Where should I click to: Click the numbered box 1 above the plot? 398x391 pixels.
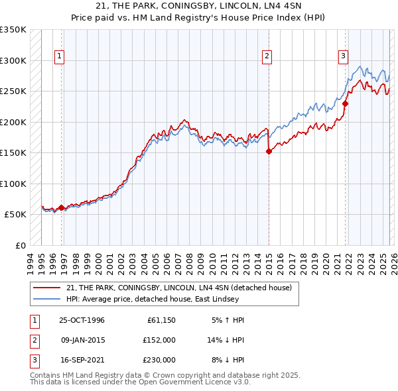click(59, 57)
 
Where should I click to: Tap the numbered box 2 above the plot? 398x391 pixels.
click(267, 57)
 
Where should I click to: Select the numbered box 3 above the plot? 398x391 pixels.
click(343, 57)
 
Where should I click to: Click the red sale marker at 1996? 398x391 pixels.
click(62, 207)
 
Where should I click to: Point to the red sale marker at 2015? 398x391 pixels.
click(269, 151)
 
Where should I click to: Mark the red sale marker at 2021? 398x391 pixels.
click(346, 103)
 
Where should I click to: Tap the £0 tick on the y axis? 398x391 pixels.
click(20, 245)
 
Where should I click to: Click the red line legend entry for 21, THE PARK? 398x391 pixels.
click(182, 287)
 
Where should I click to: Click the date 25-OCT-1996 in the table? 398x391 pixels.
click(82, 320)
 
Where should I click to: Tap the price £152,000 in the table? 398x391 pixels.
click(159, 340)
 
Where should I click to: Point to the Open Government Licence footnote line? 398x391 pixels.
click(140, 382)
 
